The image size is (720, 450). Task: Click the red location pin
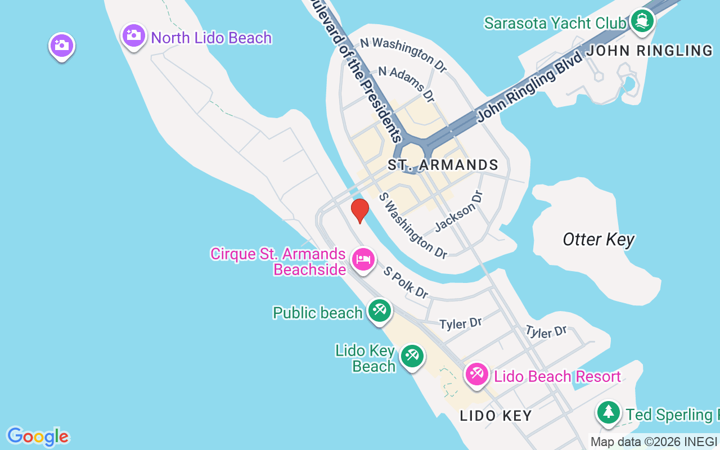(x=359, y=210)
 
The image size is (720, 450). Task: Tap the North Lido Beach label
(x=211, y=38)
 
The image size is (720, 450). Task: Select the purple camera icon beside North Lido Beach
(x=134, y=36)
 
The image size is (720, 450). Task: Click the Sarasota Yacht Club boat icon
(x=642, y=22)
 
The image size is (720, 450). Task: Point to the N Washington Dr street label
(x=403, y=55)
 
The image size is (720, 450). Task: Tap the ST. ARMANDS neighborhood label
(x=443, y=165)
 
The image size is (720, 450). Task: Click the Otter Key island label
(x=598, y=240)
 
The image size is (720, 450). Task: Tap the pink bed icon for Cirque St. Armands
(x=363, y=259)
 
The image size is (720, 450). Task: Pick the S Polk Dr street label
(x=406, y=282)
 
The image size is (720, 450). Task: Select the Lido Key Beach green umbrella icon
(x=412, y=356)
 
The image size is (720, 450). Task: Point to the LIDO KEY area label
(x=496, y=416)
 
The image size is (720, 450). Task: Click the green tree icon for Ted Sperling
(x=608, y=413)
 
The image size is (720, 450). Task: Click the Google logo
(x=38, y=436)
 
